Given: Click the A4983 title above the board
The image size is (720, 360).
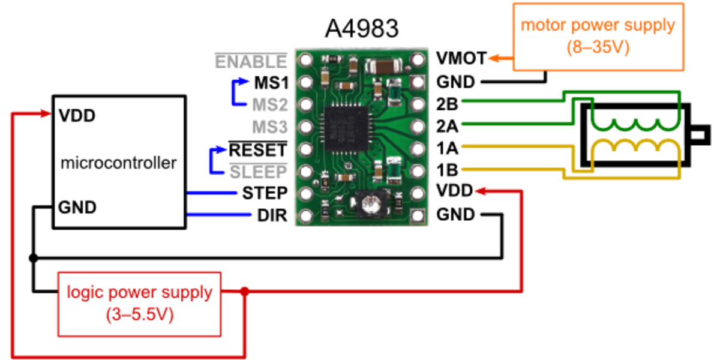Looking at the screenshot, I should [361, 28].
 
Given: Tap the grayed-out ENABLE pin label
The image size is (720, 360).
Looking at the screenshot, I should [251, 62].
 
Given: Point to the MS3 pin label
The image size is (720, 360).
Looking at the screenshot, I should [269, 127].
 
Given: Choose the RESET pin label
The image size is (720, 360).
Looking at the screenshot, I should [258, 149].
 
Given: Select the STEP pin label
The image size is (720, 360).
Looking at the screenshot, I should [265, 193].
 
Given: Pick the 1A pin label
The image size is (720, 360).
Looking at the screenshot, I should [447, 148].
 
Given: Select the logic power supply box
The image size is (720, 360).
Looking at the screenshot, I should [139, 304].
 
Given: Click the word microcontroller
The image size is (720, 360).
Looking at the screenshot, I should [119, 162].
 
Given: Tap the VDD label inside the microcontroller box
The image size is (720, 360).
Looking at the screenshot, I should [77, 116].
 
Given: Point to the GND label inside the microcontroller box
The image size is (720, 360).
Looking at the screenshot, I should [77, 208].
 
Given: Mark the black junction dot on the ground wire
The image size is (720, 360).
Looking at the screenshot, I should [34, 258].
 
